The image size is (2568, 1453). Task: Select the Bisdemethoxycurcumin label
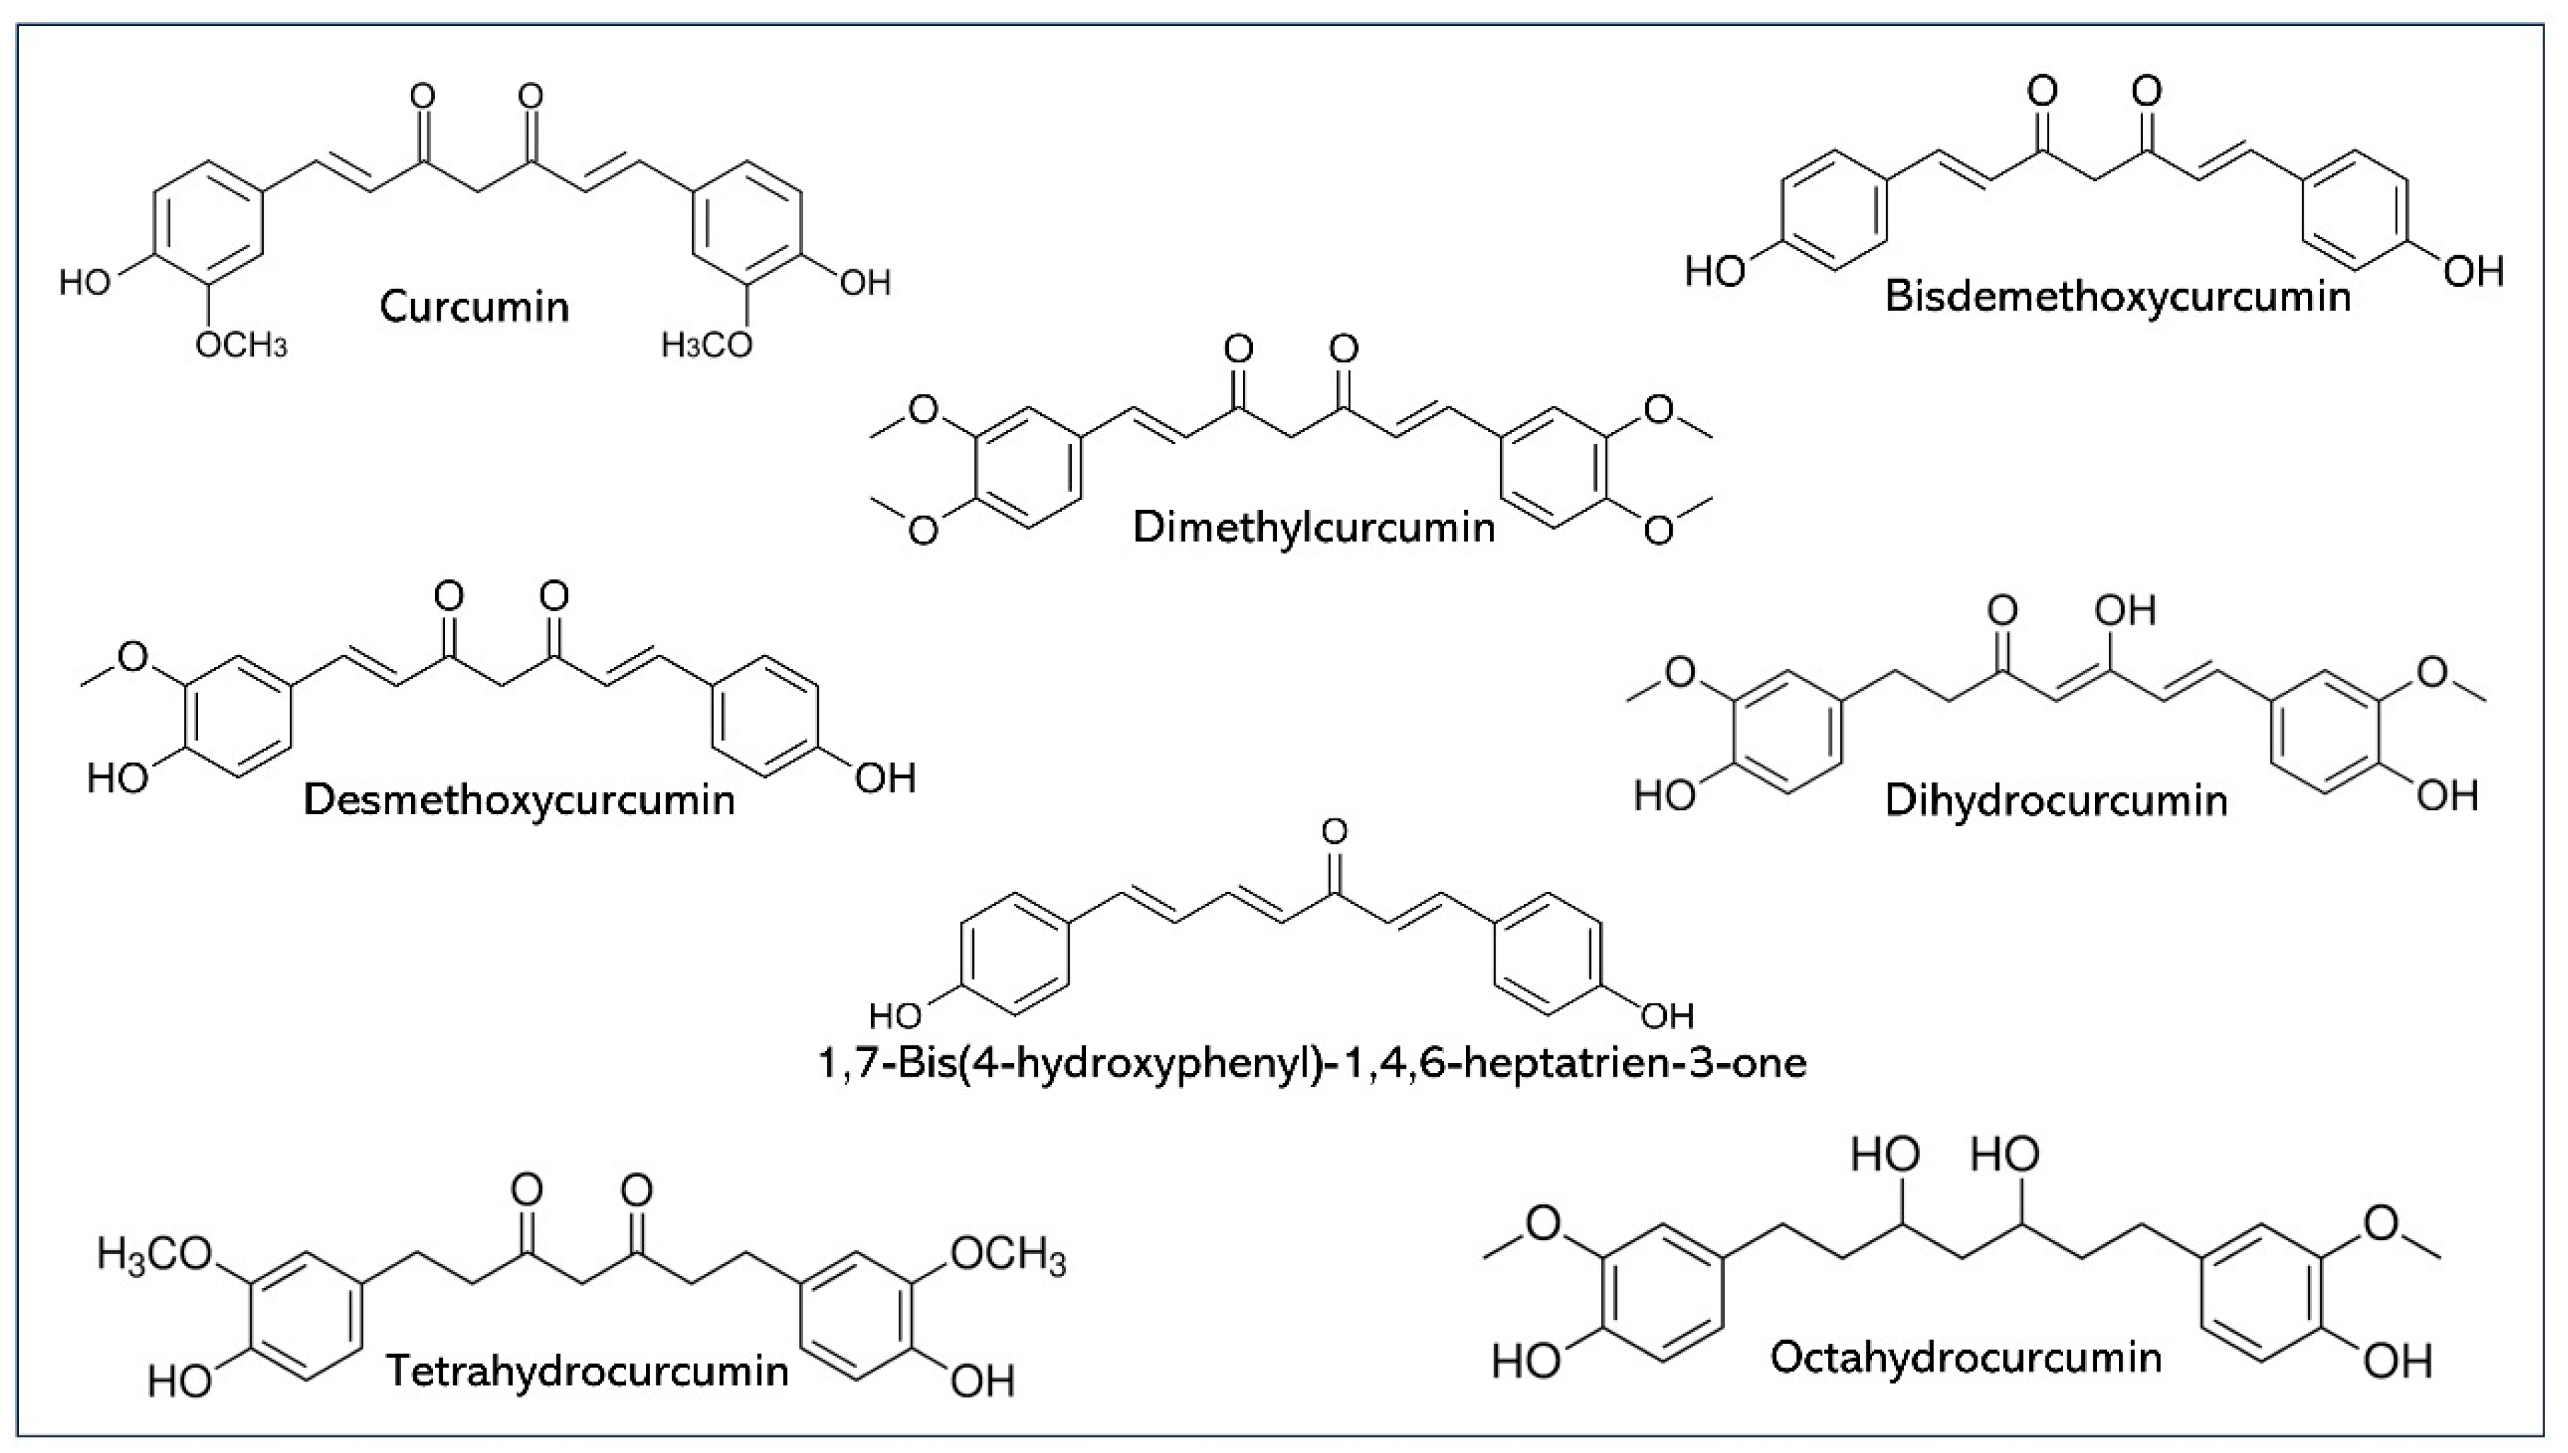click(x=2117, y=298)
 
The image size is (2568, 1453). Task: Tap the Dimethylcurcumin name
click(x=1314, y=527)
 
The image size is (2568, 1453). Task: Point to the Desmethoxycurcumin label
click(x=519, y=800)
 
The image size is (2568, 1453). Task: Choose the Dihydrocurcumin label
click(x=2056, y=800)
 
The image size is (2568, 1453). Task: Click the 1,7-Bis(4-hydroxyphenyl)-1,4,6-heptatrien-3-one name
click(x=1312, y=1064)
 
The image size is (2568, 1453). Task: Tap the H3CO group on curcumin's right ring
click(x=707, y=345)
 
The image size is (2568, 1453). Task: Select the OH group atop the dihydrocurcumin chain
click(x=2126, y=610)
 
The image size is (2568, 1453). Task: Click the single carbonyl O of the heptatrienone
click(x=1333, y=831)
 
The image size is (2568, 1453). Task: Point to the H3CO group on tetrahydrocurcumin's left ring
click(x=156, y=1253)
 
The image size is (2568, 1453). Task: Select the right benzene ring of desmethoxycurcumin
click(x=766, y=716)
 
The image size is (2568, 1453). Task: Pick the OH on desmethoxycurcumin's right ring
click(x=884, y=778)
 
